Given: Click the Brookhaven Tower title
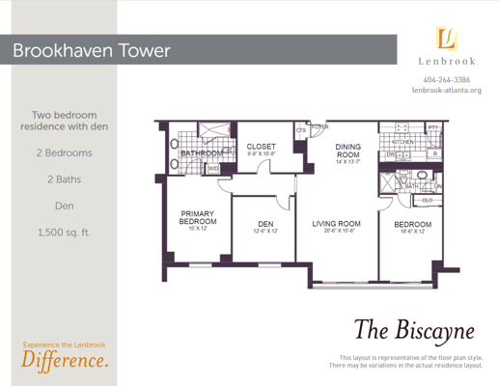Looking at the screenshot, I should click(x=92, y=50).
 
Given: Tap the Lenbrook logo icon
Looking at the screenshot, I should click(x=446, y=39).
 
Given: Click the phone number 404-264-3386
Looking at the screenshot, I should click(x=447, y=79).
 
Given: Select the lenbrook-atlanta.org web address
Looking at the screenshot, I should click(x=447, y=91).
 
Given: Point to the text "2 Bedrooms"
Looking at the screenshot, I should click(x=64, y=152).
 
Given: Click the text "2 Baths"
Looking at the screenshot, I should click(x=64, y=179).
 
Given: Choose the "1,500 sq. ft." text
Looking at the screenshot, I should click(x=64, y=232).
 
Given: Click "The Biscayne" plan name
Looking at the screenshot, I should click(x=414, y=330).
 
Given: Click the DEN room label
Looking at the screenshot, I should click(x=264, y=224).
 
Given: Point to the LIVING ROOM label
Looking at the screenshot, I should click(x=336, y=224).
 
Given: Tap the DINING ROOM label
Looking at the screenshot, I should click(x=347, y=151).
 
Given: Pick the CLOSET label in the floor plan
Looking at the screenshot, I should click(x=262, y=147).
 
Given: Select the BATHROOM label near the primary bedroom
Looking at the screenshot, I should click(x=202, y=152).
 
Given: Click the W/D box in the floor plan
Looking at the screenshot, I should click(x=212, y=168).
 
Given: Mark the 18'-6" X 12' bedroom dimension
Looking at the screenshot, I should click(x=411, y=233).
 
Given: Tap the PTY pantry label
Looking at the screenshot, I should click(x=433, y=126).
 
